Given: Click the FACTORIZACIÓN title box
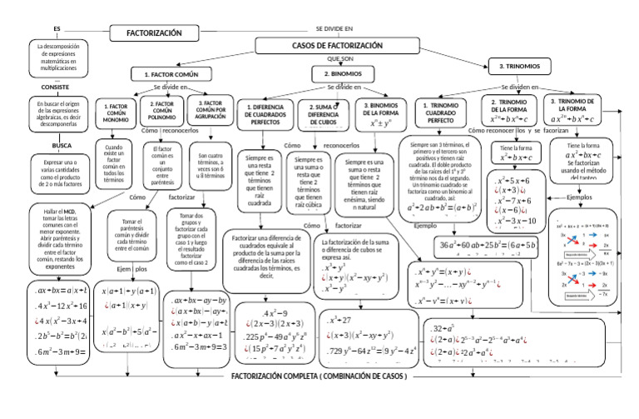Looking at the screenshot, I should pos(153,33).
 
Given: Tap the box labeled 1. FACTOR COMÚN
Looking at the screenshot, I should pos(164,74).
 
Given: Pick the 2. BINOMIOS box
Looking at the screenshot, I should pos(348,74).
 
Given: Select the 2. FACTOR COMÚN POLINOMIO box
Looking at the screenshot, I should pos(161,110).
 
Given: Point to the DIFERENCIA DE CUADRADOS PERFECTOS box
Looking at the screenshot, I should pos(264,114).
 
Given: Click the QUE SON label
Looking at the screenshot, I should pos(340,60).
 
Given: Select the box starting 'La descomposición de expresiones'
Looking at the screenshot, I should pos(58,56).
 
